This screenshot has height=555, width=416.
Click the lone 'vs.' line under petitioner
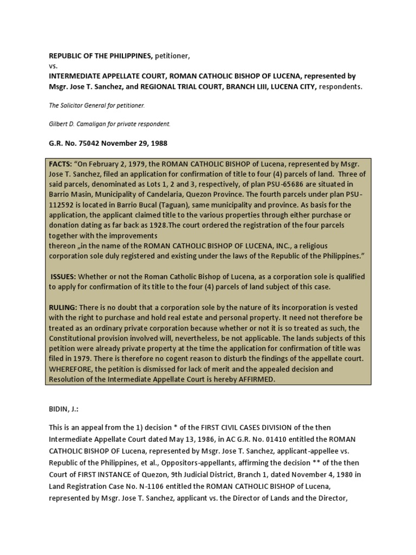pos(53,66)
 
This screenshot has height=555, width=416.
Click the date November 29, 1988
pos(136,144)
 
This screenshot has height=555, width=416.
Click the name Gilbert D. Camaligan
pos(82,124)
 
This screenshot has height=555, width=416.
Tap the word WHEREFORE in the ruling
pos(73,369)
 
